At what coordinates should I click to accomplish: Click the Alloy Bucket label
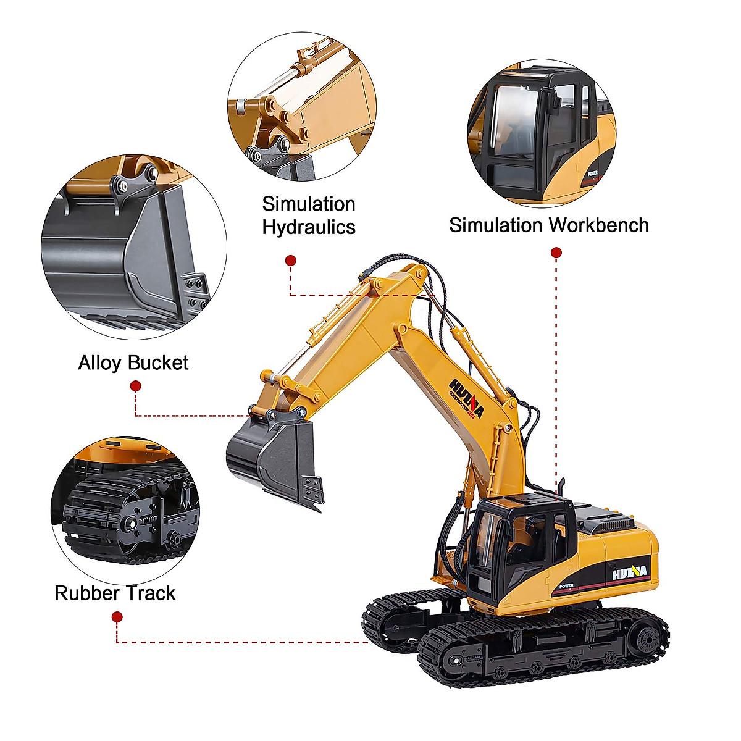tap(133, 362)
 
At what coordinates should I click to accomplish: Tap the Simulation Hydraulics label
tap(308, 216)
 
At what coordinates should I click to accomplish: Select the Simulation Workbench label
tap(548, 225)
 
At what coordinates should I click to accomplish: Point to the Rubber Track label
tap(115, 593)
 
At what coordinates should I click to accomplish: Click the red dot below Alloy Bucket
tap(136, 387)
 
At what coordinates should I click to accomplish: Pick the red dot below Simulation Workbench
tap(556, 253)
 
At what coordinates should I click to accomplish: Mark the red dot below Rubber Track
tap(117, 617)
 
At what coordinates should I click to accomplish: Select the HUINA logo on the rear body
tap(630, 572)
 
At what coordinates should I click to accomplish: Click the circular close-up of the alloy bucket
tap(134, 247)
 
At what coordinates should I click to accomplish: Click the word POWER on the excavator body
tap(566, 585)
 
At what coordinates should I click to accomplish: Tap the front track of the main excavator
tap(543, 648)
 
